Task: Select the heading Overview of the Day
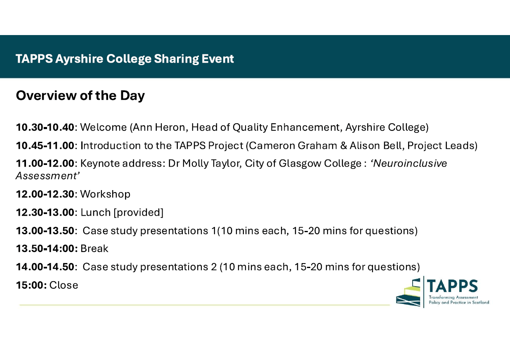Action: [80, 96]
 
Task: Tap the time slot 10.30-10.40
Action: [45, 127]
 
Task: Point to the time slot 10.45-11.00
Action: [45, 146]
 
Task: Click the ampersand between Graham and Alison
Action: [344, 146]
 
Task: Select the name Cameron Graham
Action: [293, 146]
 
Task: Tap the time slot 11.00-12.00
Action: [45, 163]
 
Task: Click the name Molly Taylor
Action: [211, 164]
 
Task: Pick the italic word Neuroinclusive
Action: [410, 163]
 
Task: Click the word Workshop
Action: [105, 194]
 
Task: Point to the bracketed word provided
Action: [138, 213]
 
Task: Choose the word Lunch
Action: [96, 212]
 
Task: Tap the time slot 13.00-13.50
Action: [45, 231]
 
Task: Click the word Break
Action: [94, 249]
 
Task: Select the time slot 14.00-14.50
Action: [45, 267]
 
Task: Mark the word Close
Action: [64, 285]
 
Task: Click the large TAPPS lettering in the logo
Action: [452, 286]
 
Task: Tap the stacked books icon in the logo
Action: [408, 293]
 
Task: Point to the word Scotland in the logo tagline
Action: [480, 302]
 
